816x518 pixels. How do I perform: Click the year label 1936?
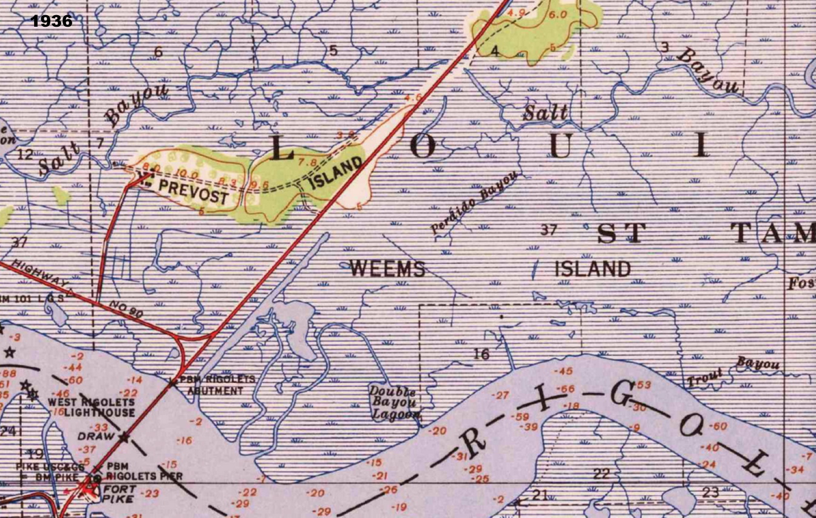pos(51,21)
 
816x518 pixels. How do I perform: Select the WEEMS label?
pos(387,268)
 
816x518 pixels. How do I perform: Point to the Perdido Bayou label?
pos(475,203)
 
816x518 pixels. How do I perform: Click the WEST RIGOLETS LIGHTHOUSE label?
pos(92,407)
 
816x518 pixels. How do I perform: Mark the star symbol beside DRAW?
pos(124,437)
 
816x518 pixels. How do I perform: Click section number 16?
pos(481,354)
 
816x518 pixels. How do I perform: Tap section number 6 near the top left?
pos(158,52)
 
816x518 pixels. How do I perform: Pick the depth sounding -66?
pos(566,389)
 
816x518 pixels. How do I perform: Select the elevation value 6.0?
pos(557,15)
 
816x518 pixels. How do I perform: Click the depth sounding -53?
pos(642,385)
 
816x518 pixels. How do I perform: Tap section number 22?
pos(601,474)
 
